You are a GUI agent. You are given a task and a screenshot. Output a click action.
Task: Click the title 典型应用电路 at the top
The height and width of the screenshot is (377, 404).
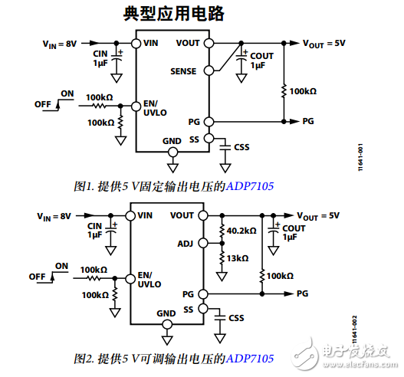pyautogui.click(x=175, y=15)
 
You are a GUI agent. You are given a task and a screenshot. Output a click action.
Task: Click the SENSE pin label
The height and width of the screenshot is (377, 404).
pyautogui.click(x=183, y=71)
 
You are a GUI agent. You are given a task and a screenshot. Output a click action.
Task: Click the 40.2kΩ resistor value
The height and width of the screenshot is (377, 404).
pyautogui.click(x=241, y=231)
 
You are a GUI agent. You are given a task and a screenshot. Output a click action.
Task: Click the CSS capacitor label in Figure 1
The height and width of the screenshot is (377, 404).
pyautogui.click(x=241, y=146)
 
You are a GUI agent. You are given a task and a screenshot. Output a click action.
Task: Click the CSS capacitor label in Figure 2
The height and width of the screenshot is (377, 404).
pyautogui.click(x=235, y=317)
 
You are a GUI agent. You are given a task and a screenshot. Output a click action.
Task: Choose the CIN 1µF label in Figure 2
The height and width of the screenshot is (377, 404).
pyautogui.click(x=96, y=231)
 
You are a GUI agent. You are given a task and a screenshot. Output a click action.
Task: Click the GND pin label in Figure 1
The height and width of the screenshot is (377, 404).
pyautogui.click(x=172, y=141)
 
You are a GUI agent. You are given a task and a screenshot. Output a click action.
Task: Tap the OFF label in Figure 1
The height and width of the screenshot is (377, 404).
pyautogui.click(x=43, y=103)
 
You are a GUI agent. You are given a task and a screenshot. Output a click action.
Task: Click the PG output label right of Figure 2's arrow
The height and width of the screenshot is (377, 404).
pyautogui.click(x=302, y=293)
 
